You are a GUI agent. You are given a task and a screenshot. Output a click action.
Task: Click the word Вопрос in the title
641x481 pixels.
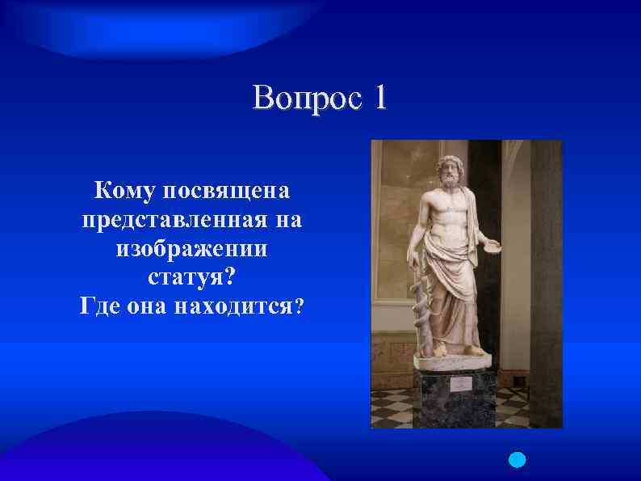(304, 99)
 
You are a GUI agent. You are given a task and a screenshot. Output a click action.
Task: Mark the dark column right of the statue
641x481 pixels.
(544, 283)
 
